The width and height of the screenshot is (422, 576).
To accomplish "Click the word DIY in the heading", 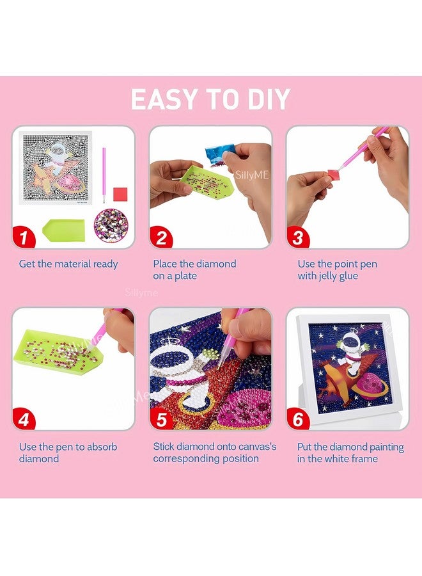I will (x=263, y=100).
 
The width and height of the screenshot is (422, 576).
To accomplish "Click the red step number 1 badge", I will (x=24, y=238).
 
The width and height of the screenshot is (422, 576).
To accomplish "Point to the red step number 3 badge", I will (x=297, y=238).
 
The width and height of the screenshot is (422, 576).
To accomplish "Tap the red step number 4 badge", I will (x=24, y=420).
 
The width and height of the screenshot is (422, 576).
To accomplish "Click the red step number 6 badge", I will (x=297, y=420).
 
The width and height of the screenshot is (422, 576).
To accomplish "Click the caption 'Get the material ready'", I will (x=68, y=264).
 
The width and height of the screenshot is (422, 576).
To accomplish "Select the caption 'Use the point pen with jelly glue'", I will (x=337, y=269).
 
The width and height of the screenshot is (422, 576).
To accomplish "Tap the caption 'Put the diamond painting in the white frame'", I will (x=350, y=452).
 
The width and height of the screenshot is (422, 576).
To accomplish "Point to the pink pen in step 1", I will (x=104, y=168).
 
